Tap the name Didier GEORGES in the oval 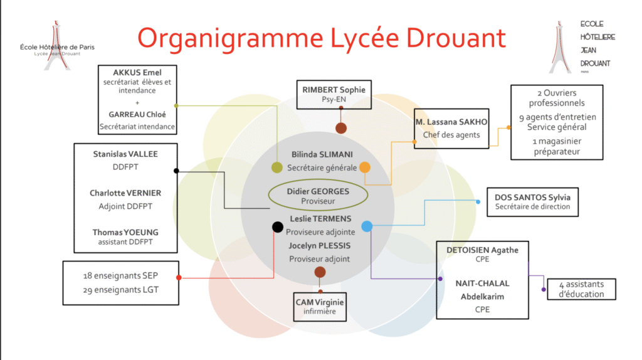click(318, 191)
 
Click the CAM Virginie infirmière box click(320, 306)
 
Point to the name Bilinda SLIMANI click(322, 154)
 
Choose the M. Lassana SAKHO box click(451, 128)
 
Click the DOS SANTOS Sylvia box click(532, 201)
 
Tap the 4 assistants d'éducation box click(582, 289)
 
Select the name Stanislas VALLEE click(125, 154)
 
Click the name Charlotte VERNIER click(125, 193)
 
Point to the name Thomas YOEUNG click(125, 232)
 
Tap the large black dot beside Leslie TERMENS click(277, 226)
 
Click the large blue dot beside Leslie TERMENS click(367, 226)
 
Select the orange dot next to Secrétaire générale click(365, 167)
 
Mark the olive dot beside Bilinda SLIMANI click(276, 167)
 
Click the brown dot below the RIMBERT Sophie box click(341, 128)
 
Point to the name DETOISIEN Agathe click(482, 250)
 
